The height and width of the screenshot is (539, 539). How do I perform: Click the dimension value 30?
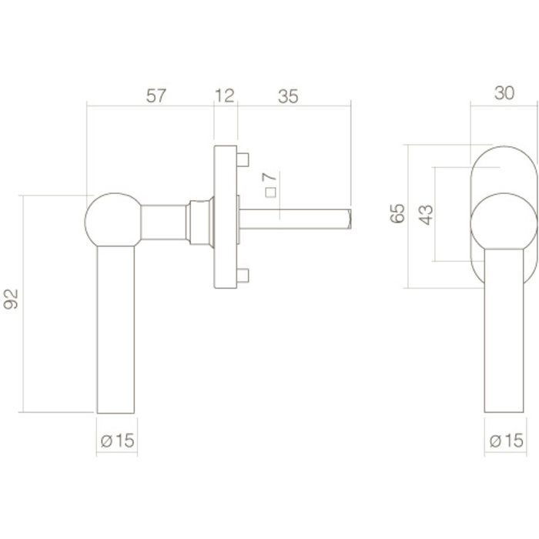(x=504, y=92)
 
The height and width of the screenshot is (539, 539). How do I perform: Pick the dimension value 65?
(x=397, y=214)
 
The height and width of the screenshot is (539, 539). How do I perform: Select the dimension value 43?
(x=426, y=213)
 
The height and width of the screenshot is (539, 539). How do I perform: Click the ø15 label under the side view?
(x=118, y=440)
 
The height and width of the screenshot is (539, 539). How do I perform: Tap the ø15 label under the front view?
(x=506, y=440)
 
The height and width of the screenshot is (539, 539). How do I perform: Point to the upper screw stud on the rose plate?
(x=243, y=161)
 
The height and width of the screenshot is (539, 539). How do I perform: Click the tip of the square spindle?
(x=348, y=218)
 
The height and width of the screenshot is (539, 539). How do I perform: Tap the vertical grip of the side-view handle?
(x=118, y=331)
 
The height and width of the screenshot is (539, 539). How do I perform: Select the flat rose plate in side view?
(x=224, y=217)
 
